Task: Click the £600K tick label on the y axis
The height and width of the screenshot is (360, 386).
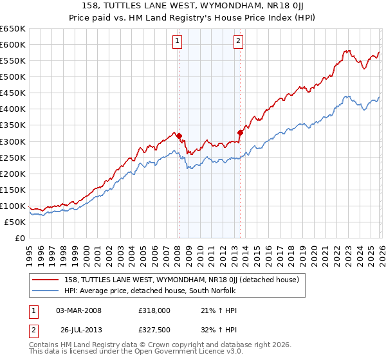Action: point(13,44)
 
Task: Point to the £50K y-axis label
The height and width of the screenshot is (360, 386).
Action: point(15,222)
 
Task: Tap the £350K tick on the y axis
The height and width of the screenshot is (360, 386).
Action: point(13,125)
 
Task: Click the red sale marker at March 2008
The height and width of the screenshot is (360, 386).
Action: point(179,136)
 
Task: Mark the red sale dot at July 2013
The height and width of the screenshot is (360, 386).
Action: point(240,132)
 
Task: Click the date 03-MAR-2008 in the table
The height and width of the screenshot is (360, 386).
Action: point(78,310)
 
